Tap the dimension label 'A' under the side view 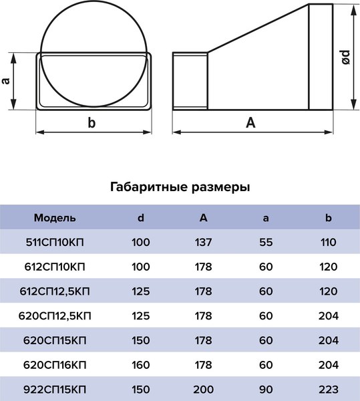click(250, 122)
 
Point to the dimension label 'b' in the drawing click(92, 122)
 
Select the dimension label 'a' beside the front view click(6, 80)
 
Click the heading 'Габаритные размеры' click(180, 187)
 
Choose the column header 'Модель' click(55, 218)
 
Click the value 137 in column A click(203, 242)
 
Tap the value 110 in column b click(328, 242)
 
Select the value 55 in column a click(266, 242)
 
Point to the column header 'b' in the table click(328, 218)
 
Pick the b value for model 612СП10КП click(328, 266)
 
